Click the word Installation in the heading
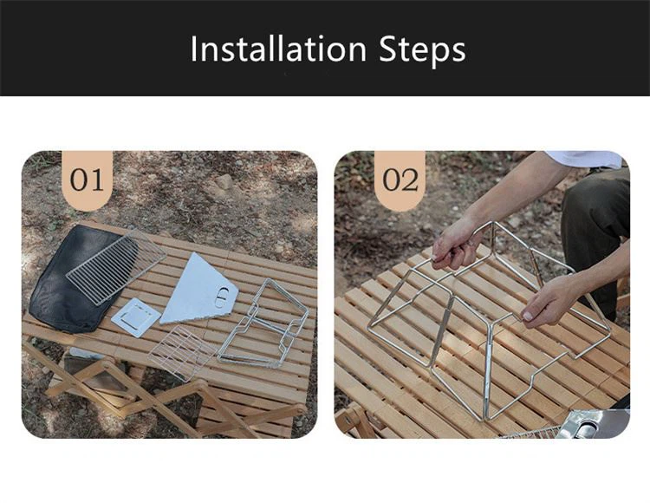click(278, 49)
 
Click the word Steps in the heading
click(422, 50)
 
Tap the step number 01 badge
click(87, 180)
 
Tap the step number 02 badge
click(400, 180)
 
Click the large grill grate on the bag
click(116, 268)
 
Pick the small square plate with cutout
click(135, 317)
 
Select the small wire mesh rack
click(181, 353)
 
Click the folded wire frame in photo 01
click(263, 323)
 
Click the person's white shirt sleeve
click(585, 159)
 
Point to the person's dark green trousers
click(597, 232)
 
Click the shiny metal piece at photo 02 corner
click(594, 424)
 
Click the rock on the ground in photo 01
click(223, 182)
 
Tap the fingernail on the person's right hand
click(527, 317)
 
